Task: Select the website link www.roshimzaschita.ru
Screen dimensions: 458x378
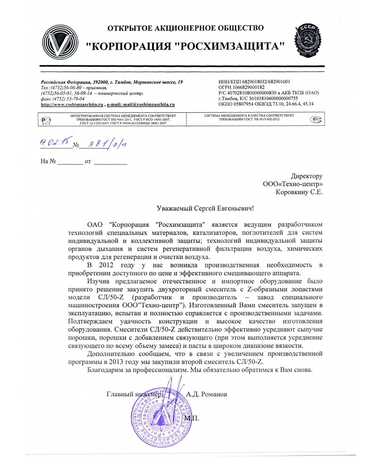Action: (72, 104)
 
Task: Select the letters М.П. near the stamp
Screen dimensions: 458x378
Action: (190, 418)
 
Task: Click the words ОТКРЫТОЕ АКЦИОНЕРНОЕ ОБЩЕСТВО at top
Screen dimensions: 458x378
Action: (186, 29)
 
